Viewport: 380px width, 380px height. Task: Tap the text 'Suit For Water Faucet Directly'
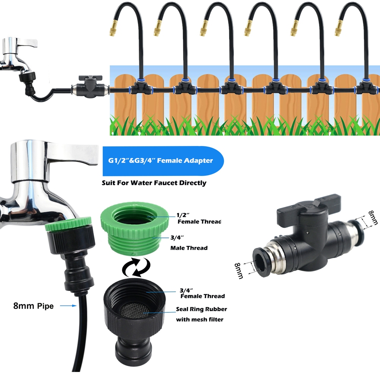(154, 183)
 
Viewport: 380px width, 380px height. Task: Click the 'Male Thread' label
(188, 248)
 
